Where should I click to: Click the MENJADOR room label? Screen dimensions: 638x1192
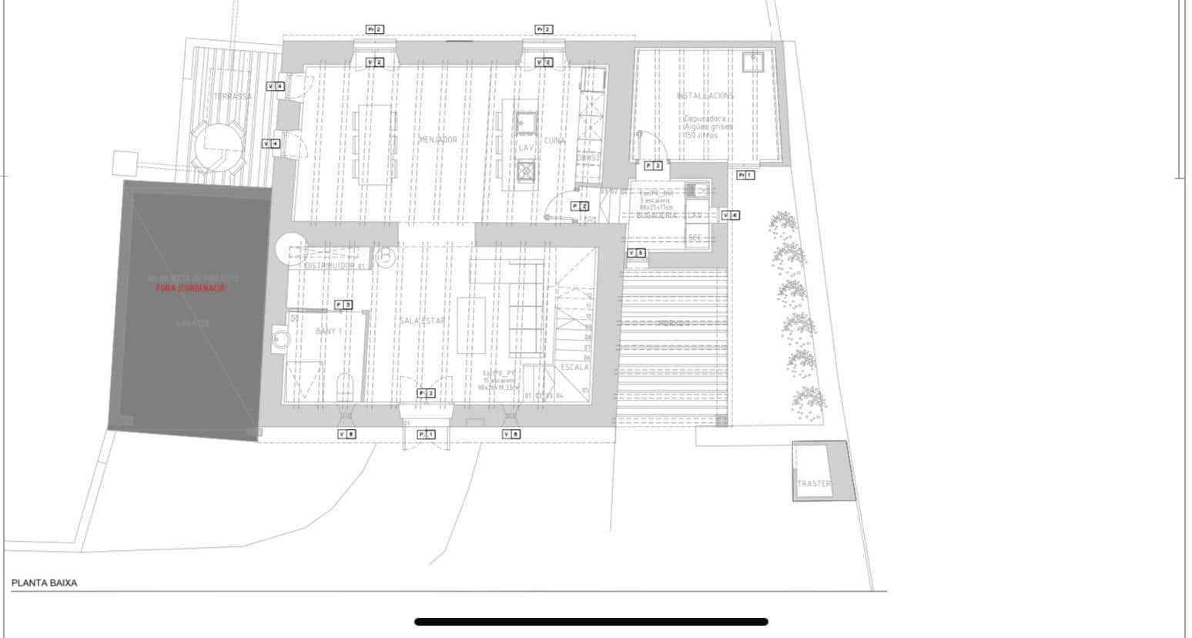[x=438, y=139]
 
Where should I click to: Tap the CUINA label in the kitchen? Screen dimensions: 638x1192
[x=554, y=141]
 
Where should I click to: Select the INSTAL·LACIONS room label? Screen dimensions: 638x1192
[x=705, y=96]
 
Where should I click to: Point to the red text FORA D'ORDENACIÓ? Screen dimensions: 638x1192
[x=190, y=287]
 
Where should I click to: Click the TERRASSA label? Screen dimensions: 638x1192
[x=233, y=96]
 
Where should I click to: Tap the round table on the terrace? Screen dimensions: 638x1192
[x=219, y=146]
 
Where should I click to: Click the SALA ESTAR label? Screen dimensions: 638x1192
[x=422, y=321]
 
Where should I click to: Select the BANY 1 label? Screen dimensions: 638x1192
[x=329, y=331]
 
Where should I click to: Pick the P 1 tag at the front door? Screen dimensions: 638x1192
[x=426, y=435]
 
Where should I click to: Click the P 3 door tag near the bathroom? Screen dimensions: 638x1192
[x=343, y=305]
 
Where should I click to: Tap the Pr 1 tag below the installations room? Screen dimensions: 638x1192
[x=745, y=175]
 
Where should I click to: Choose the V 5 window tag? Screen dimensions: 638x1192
[x=636, y=253]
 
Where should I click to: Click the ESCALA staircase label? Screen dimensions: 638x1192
[x=574, y=368]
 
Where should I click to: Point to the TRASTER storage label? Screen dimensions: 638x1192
[x=814, y=484]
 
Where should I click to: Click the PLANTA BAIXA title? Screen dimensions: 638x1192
[x=44, y=583]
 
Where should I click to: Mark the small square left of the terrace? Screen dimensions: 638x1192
[x=125, y=163]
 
